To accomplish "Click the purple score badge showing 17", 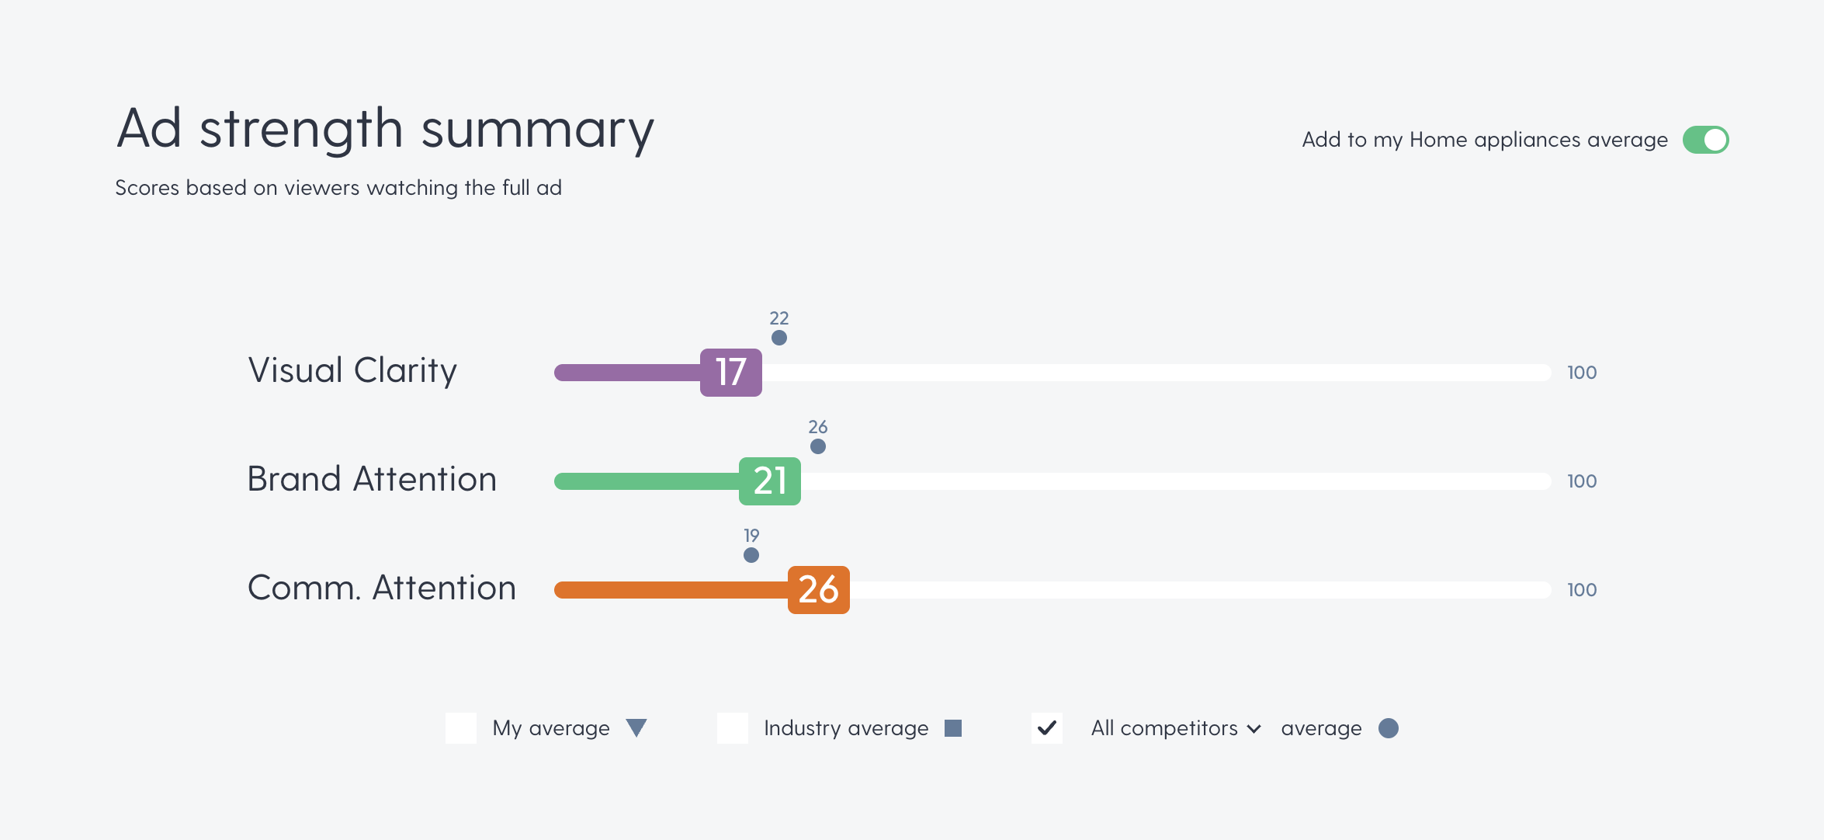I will pos(730,373).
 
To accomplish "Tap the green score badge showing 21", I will pos(769,481).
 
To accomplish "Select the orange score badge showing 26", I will pos(818,590).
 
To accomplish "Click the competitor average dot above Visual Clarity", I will pos(779,338).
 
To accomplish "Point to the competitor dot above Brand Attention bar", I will pos(817,446).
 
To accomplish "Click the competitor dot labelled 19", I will pos(751,555).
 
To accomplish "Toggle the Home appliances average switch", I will pos(1705,140).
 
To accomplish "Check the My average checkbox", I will pos(461,728).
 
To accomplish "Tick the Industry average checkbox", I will pos(733,728).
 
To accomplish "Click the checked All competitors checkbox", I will pos(1047,728).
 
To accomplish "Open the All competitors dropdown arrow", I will pos(1254,729).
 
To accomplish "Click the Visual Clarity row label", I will pos(352,370).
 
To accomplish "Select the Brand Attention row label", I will pos(372,479).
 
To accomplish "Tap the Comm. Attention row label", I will pos(382,588).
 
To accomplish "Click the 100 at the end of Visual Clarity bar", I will pos(1582,373).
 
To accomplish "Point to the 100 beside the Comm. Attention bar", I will pos(1582,590).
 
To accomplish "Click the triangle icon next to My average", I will pos(636,728).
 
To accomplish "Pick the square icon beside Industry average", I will pos(953,728).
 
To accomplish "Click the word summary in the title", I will pos(538,130).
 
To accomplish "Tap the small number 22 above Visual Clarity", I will pos(779,318).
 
